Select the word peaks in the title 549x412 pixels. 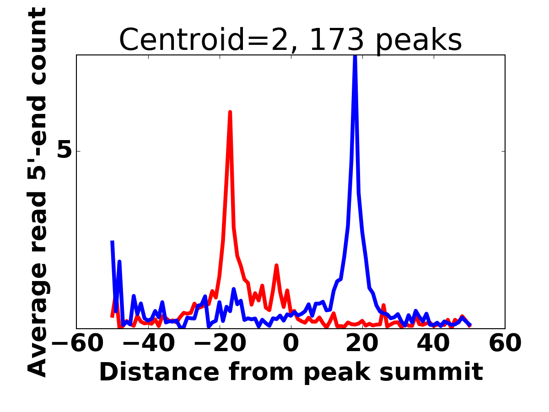[x=420, y=40]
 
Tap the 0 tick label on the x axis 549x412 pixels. [x=291, y=343]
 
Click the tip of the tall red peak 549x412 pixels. [x=230, y=112]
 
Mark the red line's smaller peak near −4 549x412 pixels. [x=277, y=265]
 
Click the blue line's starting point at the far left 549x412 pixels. [x=112, y=242]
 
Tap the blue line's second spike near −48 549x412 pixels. [x=119, y=261]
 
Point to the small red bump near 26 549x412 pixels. [x=383, y=305]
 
